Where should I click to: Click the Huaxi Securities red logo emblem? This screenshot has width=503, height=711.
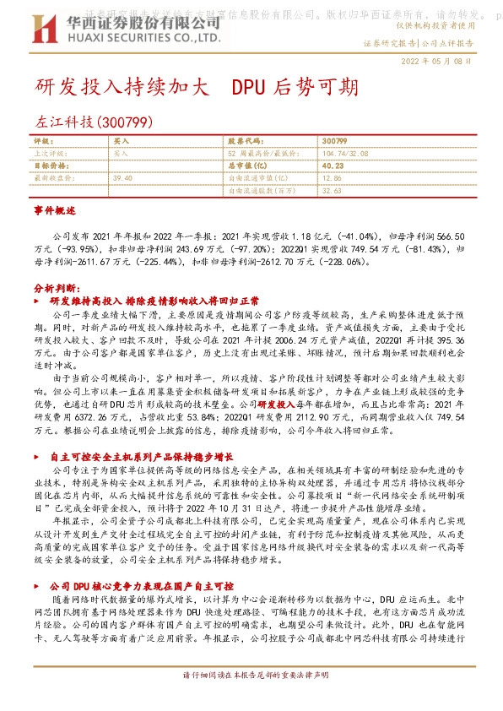pos(48,27)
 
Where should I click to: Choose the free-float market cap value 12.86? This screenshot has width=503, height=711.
pos(332,178)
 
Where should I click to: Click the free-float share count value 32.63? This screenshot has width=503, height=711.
pos(332,191)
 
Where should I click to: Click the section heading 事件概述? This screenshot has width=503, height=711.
pos(55,208)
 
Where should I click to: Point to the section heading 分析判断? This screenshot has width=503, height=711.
pos(57,288)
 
